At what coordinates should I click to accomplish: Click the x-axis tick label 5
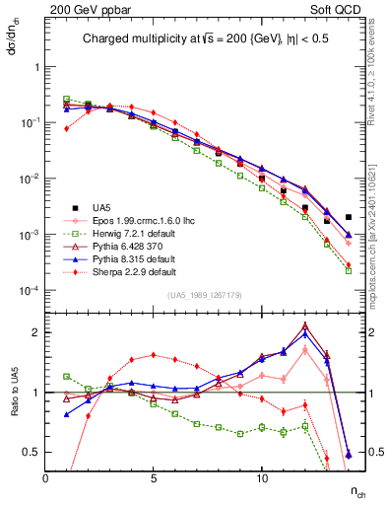click(x=154, y=477)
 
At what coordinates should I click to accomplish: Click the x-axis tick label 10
click(x=261, y=477)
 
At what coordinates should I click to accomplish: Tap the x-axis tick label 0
click(x=45, y=477)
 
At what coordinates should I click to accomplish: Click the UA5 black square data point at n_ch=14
click(x=349, y=217)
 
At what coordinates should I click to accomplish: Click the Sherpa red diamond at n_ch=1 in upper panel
click(x=67, y=128)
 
